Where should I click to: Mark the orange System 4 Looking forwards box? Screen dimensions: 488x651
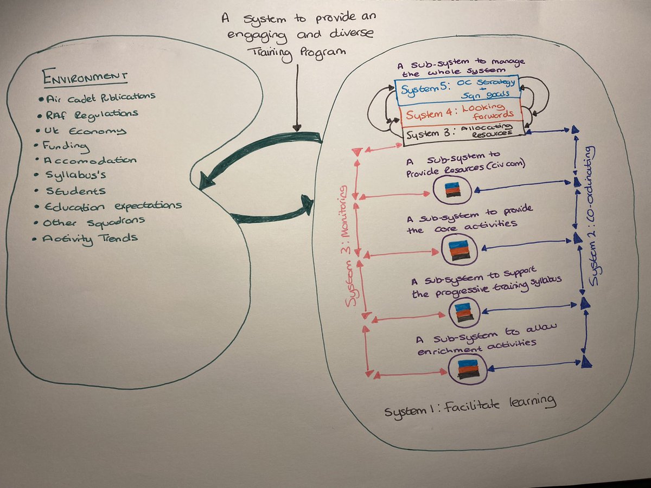point(459,114)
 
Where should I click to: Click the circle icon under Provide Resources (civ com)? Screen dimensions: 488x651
point(450,190)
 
